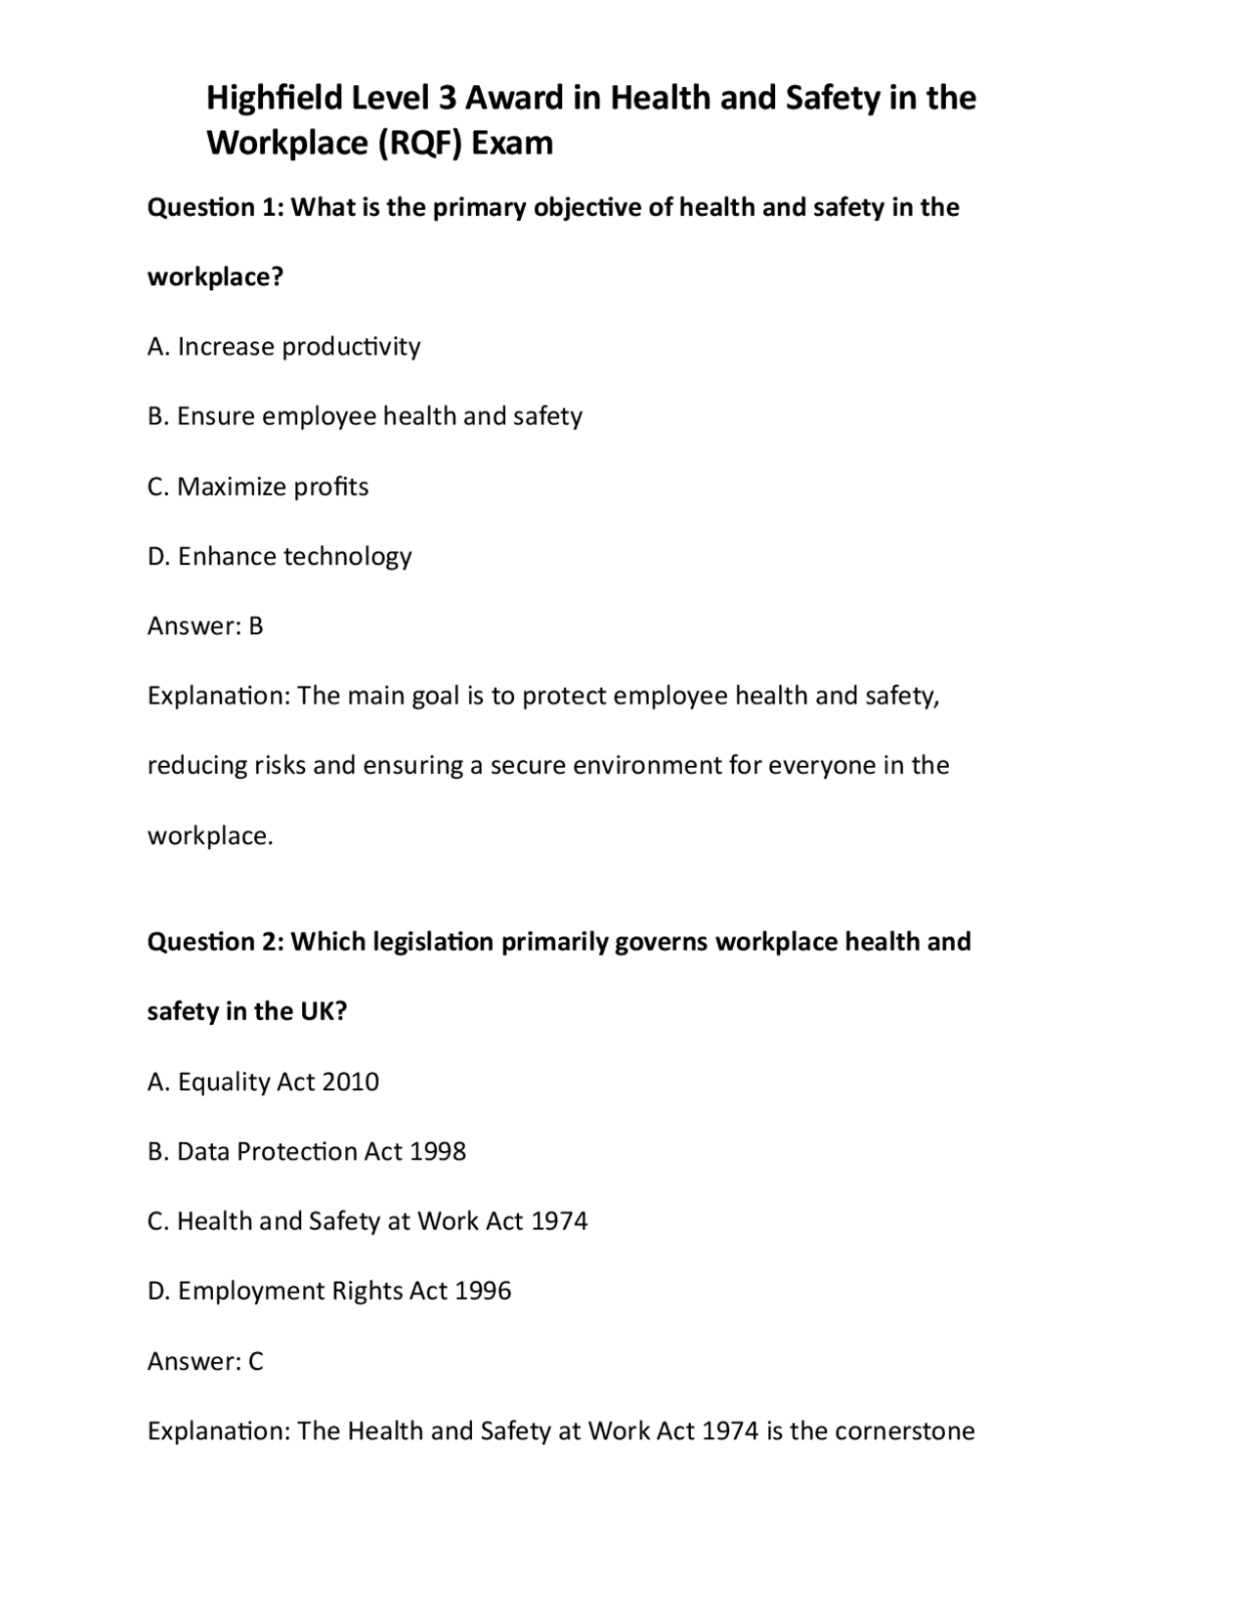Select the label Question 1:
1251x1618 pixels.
click(214, 207)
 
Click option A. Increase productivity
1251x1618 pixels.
click(283, 347)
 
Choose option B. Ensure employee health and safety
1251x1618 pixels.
click(365, 416)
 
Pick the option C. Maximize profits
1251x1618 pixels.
click(258, 487)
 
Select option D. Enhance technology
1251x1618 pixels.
click(280, 556)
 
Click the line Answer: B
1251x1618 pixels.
click(205, 626)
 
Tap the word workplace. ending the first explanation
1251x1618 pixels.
click(210, 835)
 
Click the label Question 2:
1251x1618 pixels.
click(214, 942)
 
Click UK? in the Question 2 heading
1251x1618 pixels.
click(323, 1011)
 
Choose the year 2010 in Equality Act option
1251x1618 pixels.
click(350, 1082)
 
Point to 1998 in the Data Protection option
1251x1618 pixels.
click(437, 1152)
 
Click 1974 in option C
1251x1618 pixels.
click(559, 1221)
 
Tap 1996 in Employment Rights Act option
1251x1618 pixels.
click(483, 1292)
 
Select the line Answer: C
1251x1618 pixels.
click(205, 1361)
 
